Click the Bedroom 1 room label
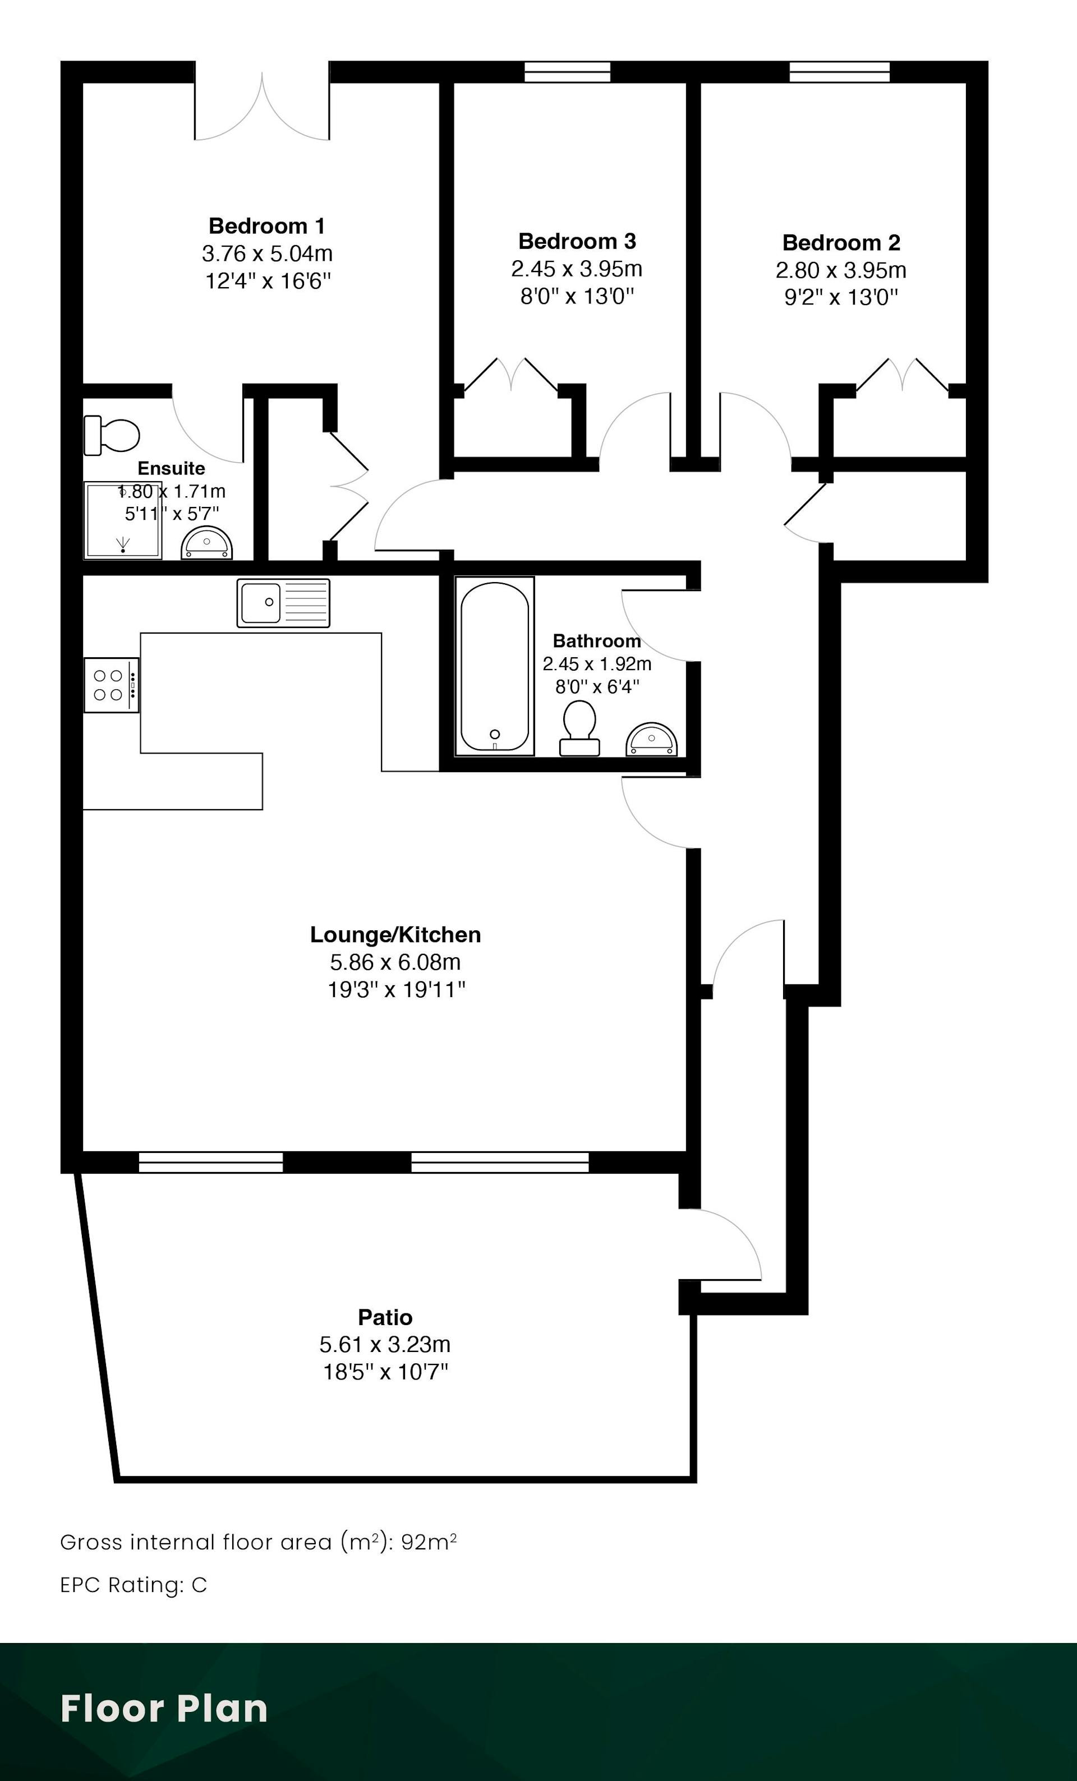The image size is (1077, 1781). (x=266, y=226)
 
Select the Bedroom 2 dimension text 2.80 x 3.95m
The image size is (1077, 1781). (x=841, y=270)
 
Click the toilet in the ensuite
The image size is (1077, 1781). (x=111, y=435)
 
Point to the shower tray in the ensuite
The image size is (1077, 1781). (x=123, y=520)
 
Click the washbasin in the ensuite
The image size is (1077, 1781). (x=207, y=543)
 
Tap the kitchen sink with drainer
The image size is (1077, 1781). (x=283, y=603)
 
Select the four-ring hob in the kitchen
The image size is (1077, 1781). (x=111, y=685)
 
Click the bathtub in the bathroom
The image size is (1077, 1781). (x=494, y=666)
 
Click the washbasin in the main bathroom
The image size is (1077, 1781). (x=651, y=740)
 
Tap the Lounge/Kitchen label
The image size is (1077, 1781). (x=395, y=935)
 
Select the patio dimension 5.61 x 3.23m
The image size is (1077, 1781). (x=385, y=1344)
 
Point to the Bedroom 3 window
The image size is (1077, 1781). (x=568, y=72)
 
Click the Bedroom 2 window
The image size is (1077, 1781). (x=839, y=72)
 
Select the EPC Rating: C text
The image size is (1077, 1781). (x=134, y=1585)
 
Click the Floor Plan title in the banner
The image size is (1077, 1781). (x=164, y=1709)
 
